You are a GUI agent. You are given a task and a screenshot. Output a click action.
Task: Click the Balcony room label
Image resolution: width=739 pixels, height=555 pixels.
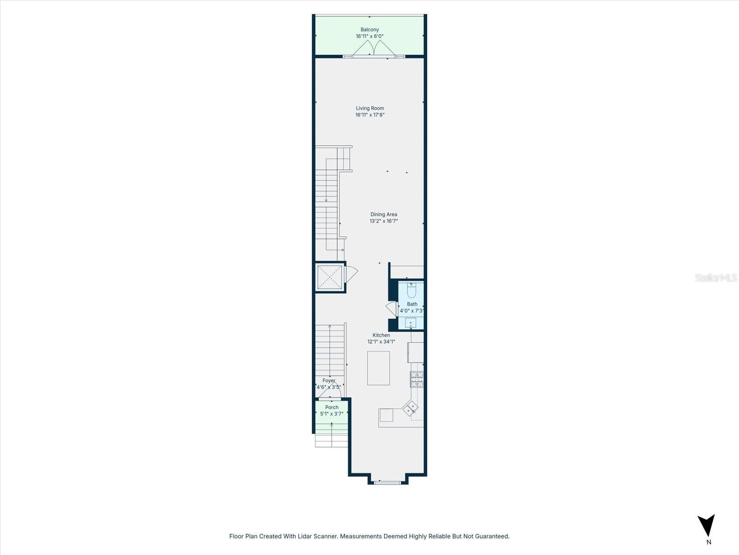tap(369, 30)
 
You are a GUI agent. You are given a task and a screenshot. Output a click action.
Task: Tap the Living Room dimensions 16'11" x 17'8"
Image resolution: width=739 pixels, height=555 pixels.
tap(369, 115)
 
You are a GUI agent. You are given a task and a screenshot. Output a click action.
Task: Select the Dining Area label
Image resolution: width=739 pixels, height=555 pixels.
tap(383, 214)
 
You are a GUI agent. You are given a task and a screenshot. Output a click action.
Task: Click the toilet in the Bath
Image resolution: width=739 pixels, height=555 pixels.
tap(412, 290)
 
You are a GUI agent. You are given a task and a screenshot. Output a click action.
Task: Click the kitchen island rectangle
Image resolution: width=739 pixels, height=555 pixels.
tap(378, 368)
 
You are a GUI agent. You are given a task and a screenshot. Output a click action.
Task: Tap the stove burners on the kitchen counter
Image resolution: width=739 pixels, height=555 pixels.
tap(417, 379)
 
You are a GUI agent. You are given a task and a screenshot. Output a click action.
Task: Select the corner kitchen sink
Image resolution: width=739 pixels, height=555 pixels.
tap(410, 408)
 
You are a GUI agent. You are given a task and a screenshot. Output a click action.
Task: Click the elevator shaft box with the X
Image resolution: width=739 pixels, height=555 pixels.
tap(330, 277)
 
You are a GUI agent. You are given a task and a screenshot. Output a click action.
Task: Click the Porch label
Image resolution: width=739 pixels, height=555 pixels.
tap(332, 407)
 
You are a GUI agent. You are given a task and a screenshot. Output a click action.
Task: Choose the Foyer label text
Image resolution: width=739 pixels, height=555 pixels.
tap(329, 381)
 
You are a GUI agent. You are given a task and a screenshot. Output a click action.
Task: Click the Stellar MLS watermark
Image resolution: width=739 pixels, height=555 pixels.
tap(716, 278)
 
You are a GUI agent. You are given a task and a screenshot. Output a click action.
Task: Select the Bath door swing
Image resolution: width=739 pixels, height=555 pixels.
tap(391, 309)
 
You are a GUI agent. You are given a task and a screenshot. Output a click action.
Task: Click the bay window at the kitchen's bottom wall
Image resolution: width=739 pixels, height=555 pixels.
tap(388, 482)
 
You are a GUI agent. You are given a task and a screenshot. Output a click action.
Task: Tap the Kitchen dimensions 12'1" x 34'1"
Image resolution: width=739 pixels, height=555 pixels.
tap(381, 342)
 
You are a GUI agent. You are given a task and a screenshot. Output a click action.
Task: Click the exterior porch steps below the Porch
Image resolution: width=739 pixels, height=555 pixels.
tap(331, 440)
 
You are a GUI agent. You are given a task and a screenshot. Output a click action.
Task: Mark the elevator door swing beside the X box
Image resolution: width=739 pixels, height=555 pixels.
tap(351, 274)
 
